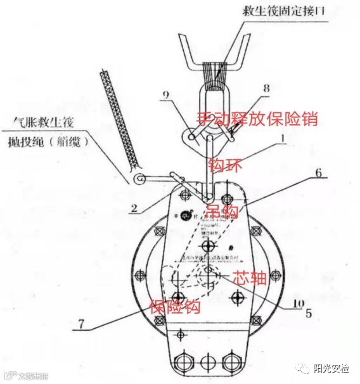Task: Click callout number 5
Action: click(309, 312)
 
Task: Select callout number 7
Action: click(80, 323)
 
